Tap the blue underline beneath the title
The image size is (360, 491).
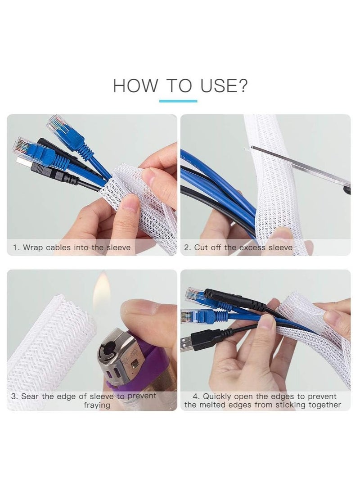(x=178, y=101)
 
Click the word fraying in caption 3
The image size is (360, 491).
(x=97, y=405)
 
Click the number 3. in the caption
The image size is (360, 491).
(x=14, y=396)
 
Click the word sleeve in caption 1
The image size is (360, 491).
(x=118, y=247)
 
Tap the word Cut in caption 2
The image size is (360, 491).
(x=201, y=247)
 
